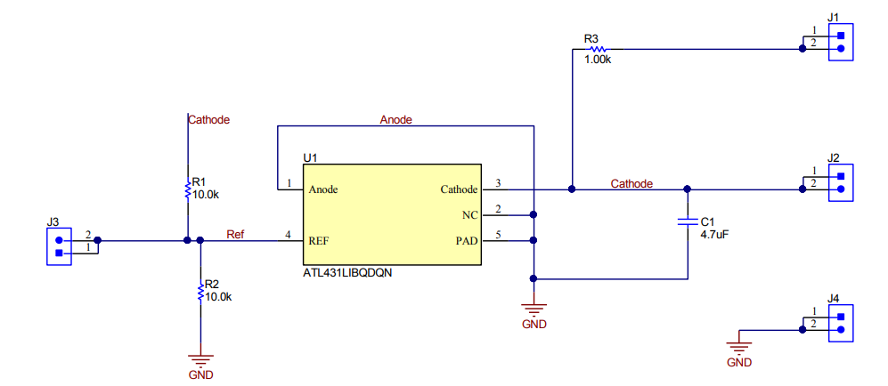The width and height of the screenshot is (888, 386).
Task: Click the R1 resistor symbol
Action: click(187, 190)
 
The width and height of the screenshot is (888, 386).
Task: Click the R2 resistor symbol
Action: click(201, 292)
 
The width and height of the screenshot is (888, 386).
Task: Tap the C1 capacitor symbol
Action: click(687, 221)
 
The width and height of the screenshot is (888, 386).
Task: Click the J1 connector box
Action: click(840, 43)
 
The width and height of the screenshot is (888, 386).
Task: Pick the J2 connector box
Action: click(840, 183)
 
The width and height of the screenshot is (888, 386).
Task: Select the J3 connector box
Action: click(59, 245)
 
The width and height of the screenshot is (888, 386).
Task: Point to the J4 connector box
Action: click(840, 323)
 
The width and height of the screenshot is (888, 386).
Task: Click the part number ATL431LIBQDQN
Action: click(347, 274)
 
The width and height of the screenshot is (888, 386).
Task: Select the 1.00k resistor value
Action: click(598, 60)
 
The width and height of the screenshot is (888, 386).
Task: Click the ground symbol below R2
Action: click(201, 362)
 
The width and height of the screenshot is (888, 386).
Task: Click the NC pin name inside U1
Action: click(469, 214)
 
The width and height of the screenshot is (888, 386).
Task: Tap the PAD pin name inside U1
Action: click(467, 240)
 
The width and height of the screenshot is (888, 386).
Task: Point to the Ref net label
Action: click(235, 235)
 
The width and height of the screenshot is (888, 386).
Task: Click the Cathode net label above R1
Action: click(209, 119)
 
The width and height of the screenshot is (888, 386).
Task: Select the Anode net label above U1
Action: click(395, 119)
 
